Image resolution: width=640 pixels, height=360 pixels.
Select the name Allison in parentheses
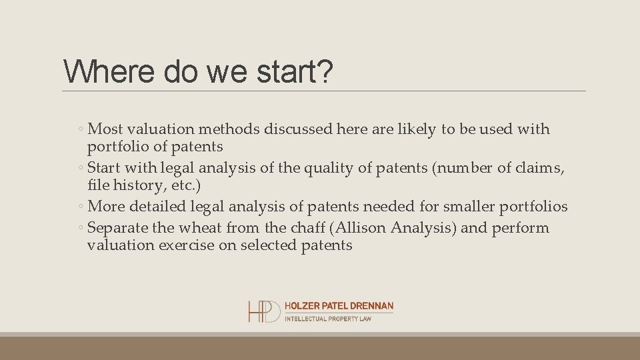361,227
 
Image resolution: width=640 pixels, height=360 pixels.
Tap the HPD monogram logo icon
264,311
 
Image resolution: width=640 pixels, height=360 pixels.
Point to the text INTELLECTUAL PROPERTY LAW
327,319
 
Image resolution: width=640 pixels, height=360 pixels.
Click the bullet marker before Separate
80,228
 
